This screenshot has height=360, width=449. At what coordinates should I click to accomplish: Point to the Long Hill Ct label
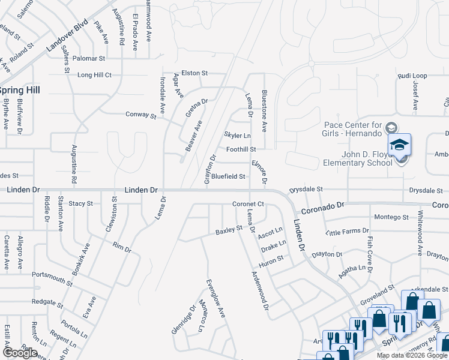(94, 75)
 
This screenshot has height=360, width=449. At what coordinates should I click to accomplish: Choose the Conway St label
(140, 115)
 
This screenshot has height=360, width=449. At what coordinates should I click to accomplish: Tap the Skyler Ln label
(237, 136)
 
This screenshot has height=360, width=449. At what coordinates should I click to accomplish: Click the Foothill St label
(241, 149)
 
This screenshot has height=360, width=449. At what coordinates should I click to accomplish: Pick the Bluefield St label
(228, 176)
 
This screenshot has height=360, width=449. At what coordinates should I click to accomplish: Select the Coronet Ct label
(249, 204)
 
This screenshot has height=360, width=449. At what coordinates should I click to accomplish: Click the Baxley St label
(229, 230)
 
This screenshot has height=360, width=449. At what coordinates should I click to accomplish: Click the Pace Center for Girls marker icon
(391, 128)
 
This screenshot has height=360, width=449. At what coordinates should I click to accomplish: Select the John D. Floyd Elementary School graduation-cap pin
(399, 145)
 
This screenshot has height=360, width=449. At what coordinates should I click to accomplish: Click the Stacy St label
(80, 204)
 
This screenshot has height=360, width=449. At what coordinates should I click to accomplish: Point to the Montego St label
(391, 217)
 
